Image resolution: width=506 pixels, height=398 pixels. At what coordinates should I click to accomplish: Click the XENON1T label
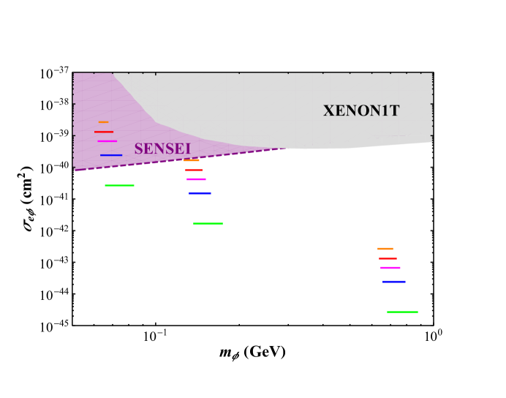(x=361, y=111)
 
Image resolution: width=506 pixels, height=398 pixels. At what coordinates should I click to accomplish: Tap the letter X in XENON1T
(x=329, y=111)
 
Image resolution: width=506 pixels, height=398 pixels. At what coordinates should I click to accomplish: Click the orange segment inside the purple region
(x=103, y=122)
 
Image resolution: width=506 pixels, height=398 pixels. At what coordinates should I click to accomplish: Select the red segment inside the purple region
(x=103, y=132)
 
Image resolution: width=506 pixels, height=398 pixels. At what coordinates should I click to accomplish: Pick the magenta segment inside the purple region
(x=107, y=141)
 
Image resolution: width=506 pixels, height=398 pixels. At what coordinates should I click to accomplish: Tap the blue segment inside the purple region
(x=110, y=155)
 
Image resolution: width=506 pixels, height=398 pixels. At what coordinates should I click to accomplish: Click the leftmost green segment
(x=119, y=185)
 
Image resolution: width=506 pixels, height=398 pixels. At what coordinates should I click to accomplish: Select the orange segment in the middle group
(x=192, y=160)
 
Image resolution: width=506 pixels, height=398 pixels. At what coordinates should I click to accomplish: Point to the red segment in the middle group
(x=194, y=170)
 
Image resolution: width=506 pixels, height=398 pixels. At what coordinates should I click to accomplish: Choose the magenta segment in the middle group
(x=196, y=179)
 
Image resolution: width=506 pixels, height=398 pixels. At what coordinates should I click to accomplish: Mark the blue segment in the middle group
(x=200, y=193)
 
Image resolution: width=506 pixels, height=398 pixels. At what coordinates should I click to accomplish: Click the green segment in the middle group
(x=208, y=223)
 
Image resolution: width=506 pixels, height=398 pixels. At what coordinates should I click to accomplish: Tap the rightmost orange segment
(x=385, y=249)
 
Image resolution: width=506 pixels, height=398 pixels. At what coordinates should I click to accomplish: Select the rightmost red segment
(x=388, y=258)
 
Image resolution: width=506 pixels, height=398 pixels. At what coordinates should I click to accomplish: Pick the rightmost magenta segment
(x=390, y=268)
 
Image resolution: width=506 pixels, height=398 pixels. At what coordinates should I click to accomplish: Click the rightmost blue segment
(x=394, y=282)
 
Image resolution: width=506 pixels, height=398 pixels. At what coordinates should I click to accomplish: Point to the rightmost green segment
(x=402, y=312)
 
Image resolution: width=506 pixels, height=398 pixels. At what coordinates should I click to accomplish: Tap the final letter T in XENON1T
(x=394, y=111)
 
